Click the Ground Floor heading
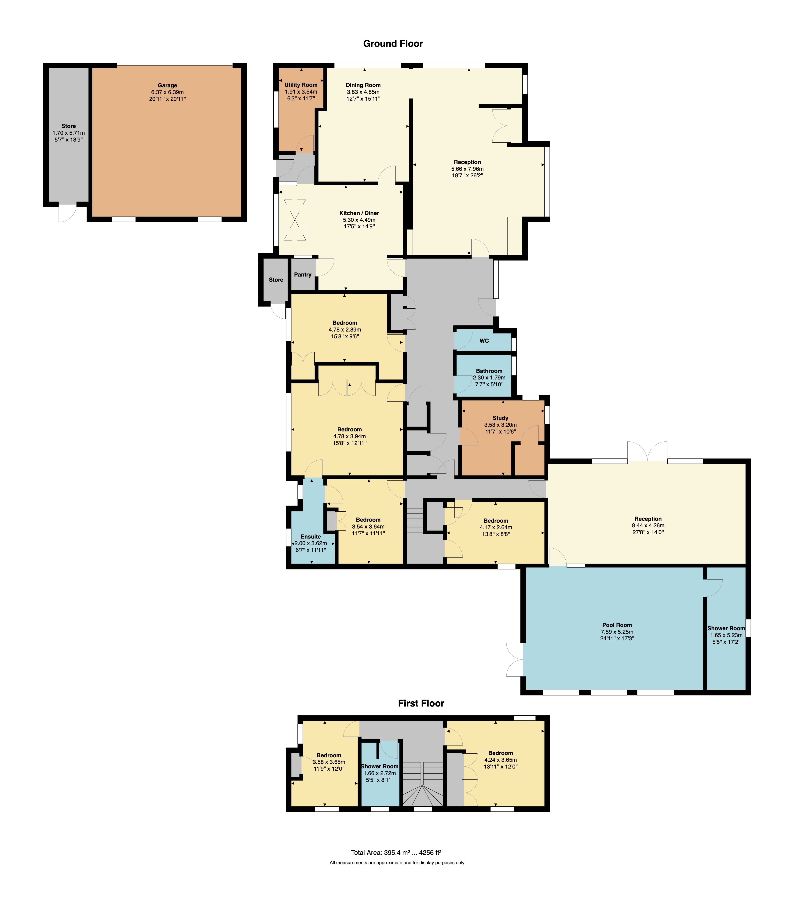393,44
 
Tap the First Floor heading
421,703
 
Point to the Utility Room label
301,85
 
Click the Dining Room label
363,85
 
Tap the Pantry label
303,275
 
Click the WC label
484,341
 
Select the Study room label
500,418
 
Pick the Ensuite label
311,536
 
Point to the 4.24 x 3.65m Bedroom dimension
501,760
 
